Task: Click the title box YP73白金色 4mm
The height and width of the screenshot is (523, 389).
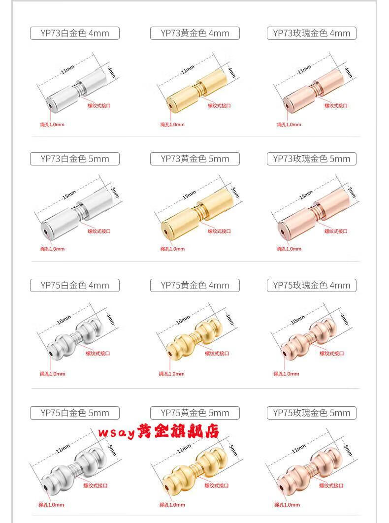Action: [x=75, y=33]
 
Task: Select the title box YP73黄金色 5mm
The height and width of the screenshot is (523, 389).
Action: [x=195, y=159]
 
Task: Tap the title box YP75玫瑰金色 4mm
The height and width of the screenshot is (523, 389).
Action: [x=312, y=286]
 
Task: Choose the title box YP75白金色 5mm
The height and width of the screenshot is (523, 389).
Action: [x=75, y=413]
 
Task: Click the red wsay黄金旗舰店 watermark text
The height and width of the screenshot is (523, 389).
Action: [x=159, y=431]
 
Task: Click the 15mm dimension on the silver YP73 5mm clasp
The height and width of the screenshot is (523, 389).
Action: [x=69, y=195]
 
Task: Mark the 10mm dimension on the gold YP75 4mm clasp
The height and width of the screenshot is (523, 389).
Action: [x=183, y=320]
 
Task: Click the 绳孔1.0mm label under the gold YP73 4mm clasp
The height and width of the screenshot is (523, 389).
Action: [x=172, y=125]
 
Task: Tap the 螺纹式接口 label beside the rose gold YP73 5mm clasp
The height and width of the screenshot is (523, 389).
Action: [x=336, y=231]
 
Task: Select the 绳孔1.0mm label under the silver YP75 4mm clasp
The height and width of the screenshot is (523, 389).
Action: [x=52, y=374]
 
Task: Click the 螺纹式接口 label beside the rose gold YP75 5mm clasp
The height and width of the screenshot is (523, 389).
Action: [x=331, y=486]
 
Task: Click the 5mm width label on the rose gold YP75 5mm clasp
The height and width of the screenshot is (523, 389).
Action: [x=348, y=451]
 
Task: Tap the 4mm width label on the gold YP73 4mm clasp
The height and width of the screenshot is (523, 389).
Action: [x=232, y=72]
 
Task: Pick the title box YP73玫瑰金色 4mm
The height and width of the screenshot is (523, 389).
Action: [x=312, y=33]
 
